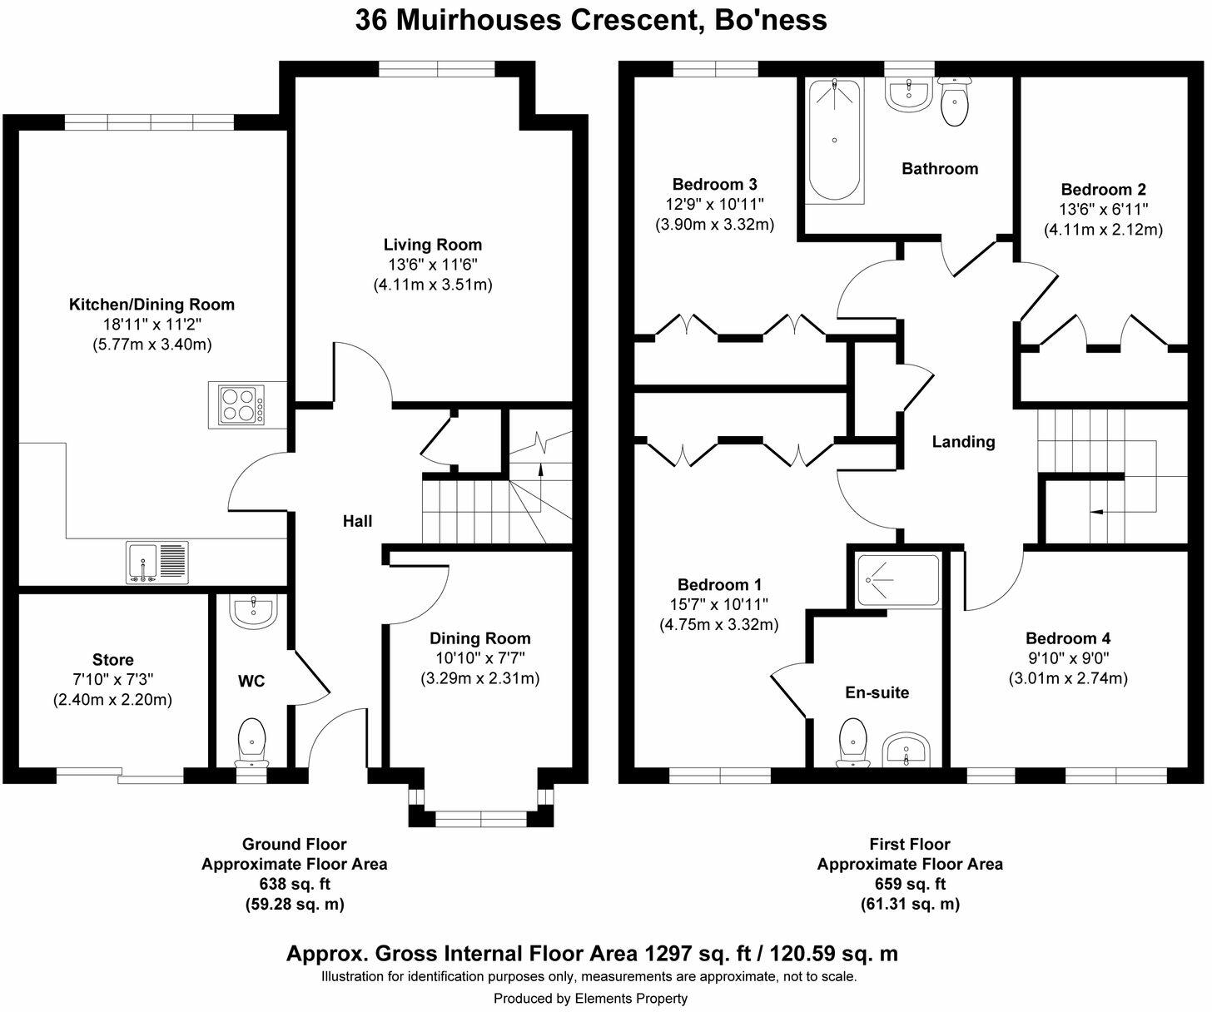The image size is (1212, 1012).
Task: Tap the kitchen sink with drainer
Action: [x=158, y=563]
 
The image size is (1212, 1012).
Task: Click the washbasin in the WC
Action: [x=253, y=613]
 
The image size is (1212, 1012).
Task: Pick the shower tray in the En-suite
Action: [x=897, y=580]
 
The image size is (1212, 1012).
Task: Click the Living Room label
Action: [x=432, y=245]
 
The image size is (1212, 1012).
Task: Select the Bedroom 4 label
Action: [x=1067, y=638]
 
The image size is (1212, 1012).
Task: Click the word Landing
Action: [x=963, y=442]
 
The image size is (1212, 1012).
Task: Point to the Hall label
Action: [x=358, y=522]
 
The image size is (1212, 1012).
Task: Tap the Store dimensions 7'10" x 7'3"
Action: [x=112, y=680]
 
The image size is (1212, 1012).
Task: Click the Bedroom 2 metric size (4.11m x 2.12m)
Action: [x=1103, y=230]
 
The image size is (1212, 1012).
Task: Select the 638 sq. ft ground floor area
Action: [x=294, y=884]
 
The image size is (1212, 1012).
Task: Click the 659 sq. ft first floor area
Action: [x=909, y=884]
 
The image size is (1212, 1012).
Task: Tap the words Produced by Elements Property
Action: [x=590, y=998]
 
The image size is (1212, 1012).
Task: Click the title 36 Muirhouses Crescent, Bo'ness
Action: [x=591, y=19]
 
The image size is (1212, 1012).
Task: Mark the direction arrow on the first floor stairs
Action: [x=1097, y=512]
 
